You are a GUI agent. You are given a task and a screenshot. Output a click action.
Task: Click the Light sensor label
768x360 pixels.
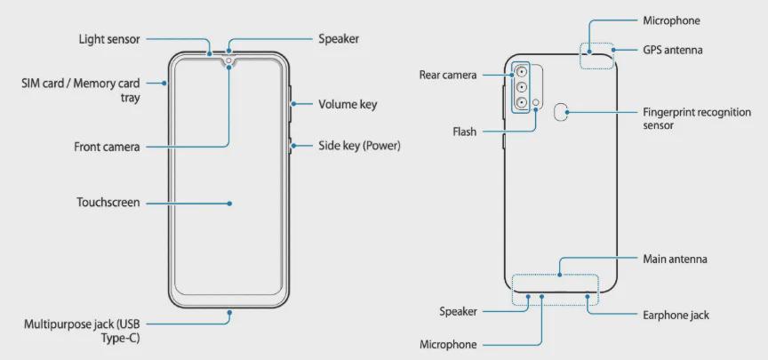coord(109,39)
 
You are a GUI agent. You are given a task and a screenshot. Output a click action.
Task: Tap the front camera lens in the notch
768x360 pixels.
coord(229,60)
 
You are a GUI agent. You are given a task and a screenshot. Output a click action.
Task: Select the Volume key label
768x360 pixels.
coord(348,104)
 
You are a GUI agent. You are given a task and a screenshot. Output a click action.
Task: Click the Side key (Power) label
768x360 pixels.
coord(359,146)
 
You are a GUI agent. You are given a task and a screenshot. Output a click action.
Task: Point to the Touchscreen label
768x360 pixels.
coord(108,203)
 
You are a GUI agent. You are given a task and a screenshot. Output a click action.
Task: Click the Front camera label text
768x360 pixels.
coord(107,147)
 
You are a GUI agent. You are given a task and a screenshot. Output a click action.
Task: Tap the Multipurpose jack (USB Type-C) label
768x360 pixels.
coord(82,331)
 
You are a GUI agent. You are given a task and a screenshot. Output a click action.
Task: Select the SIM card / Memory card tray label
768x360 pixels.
coord(81,90)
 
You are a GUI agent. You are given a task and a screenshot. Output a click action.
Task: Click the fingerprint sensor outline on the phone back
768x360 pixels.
coord(560,112)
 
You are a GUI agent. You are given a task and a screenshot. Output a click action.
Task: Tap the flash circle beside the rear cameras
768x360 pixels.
coord(536,102)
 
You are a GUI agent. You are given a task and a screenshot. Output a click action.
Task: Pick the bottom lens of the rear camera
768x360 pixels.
coord(521,102)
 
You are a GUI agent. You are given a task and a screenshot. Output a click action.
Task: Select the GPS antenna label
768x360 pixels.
coord(673,50)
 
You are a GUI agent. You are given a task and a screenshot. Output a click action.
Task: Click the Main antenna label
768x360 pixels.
coord(675,259)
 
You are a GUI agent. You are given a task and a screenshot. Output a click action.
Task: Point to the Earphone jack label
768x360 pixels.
coord(676,315)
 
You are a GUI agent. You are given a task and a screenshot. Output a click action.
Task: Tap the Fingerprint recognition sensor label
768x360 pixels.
coord(697,118)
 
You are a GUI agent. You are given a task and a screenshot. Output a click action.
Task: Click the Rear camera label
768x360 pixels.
coord(448,75)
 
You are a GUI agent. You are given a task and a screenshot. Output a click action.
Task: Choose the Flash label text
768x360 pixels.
coord(464,132)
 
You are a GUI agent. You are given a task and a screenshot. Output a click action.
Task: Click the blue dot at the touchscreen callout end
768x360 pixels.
coord(229,203)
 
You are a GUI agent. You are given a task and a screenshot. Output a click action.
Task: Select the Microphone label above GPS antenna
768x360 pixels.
coord(671,20)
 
